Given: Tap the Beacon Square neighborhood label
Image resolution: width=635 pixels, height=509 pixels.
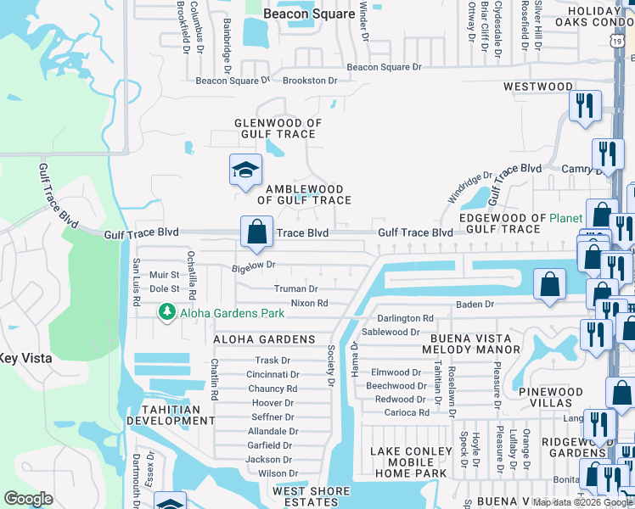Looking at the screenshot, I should click(309, 14).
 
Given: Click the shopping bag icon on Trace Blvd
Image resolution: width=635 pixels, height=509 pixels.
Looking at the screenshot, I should click(256, 232).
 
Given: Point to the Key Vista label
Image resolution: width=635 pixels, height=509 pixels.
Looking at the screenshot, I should click(25, 359).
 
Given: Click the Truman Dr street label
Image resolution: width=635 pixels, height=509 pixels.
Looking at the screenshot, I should click(295, 289).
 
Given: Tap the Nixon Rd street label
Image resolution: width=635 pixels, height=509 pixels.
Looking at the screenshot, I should click(309, 303).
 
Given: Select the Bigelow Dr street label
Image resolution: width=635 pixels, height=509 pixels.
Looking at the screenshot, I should click(254, 266).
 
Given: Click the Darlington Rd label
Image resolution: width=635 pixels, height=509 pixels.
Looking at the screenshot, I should click(405, 319).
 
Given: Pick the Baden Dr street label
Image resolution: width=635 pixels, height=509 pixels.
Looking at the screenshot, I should click(475, 304).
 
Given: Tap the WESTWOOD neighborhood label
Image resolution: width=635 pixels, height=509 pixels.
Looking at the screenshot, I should click(538, 87).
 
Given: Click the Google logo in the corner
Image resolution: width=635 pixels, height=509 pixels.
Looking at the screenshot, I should click(29, 499).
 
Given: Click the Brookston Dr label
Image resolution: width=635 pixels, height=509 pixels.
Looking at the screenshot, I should click(309, 81).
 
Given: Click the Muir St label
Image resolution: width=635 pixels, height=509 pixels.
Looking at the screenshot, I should click(164, 275).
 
